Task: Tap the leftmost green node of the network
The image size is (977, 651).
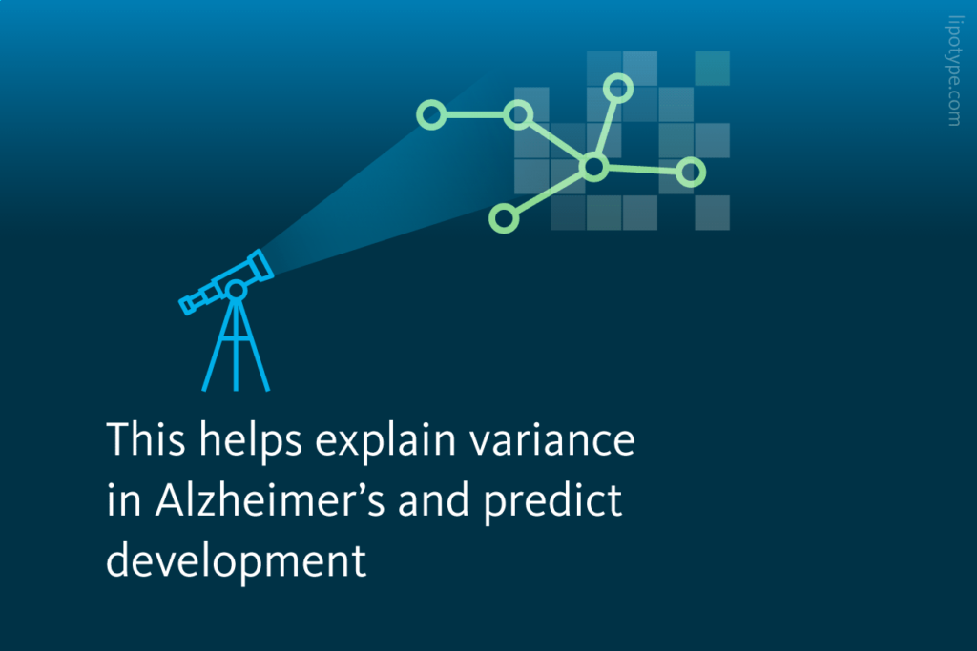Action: [431, 115]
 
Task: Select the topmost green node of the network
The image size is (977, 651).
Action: [618, 88]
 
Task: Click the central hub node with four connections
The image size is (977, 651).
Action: [593, 169]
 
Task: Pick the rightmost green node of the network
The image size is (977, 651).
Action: [691, 173]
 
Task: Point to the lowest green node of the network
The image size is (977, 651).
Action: [503, 218]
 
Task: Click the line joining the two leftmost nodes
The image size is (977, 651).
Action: [474, 115]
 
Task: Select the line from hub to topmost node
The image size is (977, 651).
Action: [606, 128]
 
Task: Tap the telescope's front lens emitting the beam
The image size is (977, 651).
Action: [260, 264]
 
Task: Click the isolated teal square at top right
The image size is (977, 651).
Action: [712, 68]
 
